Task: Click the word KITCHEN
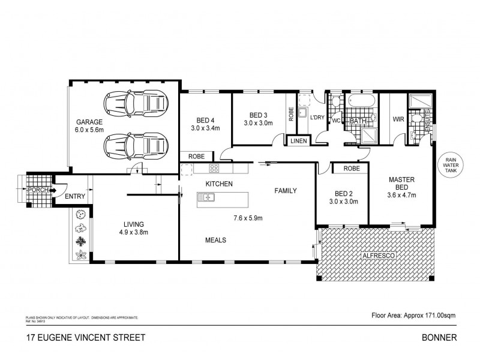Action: (220, 184)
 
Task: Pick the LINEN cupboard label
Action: (298, 141)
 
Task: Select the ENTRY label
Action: (75, 196)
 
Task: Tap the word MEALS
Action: (215, 240)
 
